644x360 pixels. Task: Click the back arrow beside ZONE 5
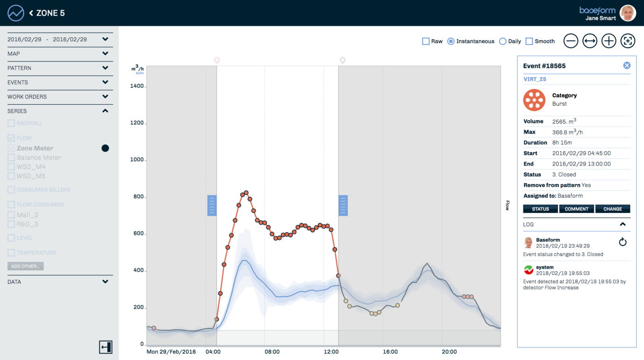[31, 13]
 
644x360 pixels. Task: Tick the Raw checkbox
[425, 41]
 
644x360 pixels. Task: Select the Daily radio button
[502, 41]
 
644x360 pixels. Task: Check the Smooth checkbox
[529, 41]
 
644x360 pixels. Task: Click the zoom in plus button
[609, 41]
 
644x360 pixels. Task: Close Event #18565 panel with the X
[627, 66]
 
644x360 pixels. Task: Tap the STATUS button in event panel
[540, 209]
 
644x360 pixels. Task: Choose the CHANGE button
[613, 209]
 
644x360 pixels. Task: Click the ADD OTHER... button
[25, 266]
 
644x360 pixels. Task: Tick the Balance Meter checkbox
[11, 158]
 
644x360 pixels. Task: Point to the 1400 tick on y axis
[138, 86]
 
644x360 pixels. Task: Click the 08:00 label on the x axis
[272, 352]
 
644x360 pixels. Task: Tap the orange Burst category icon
[534, 100]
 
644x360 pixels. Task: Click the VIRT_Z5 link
[535, 79]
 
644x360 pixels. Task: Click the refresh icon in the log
[622, 242]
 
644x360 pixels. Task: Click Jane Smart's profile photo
[627, 13]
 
